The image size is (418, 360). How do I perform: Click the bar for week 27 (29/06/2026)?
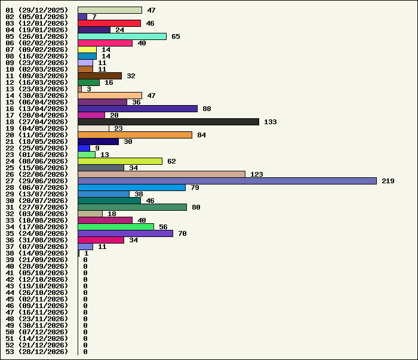[x=228, y=181]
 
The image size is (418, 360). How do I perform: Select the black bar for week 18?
[x=168, y=122]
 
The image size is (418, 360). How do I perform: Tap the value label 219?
[x=388, y=181]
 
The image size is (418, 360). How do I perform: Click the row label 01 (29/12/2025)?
[x=37, y=10]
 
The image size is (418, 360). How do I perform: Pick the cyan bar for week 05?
[x=122, y=36]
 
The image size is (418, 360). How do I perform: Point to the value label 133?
[x=271, y=122]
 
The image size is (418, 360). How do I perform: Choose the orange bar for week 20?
[x=135, y=135]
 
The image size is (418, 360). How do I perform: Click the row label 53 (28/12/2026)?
[x=37, y=352]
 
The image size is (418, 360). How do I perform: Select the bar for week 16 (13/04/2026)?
[x=138, y=109]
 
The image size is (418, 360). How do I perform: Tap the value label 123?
[x=256, y=174]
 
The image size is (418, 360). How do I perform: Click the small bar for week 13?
[x=79, y=89]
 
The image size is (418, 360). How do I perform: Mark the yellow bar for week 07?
[x=87, y=50]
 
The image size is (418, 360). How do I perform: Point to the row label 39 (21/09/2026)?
[x=37, y=260]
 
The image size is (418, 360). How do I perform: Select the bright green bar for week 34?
[x=116, y=227]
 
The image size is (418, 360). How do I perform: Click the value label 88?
[x=207, y=109]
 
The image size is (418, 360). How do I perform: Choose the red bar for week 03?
[x=109, y=23]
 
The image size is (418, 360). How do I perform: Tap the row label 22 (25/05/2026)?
[x=37, y=148]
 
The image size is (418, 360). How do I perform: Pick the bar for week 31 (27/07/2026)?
[x=133, y=207]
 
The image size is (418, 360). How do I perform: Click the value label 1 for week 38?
[x=86, y=253]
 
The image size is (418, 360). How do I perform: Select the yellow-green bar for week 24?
[x=120, y=161]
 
